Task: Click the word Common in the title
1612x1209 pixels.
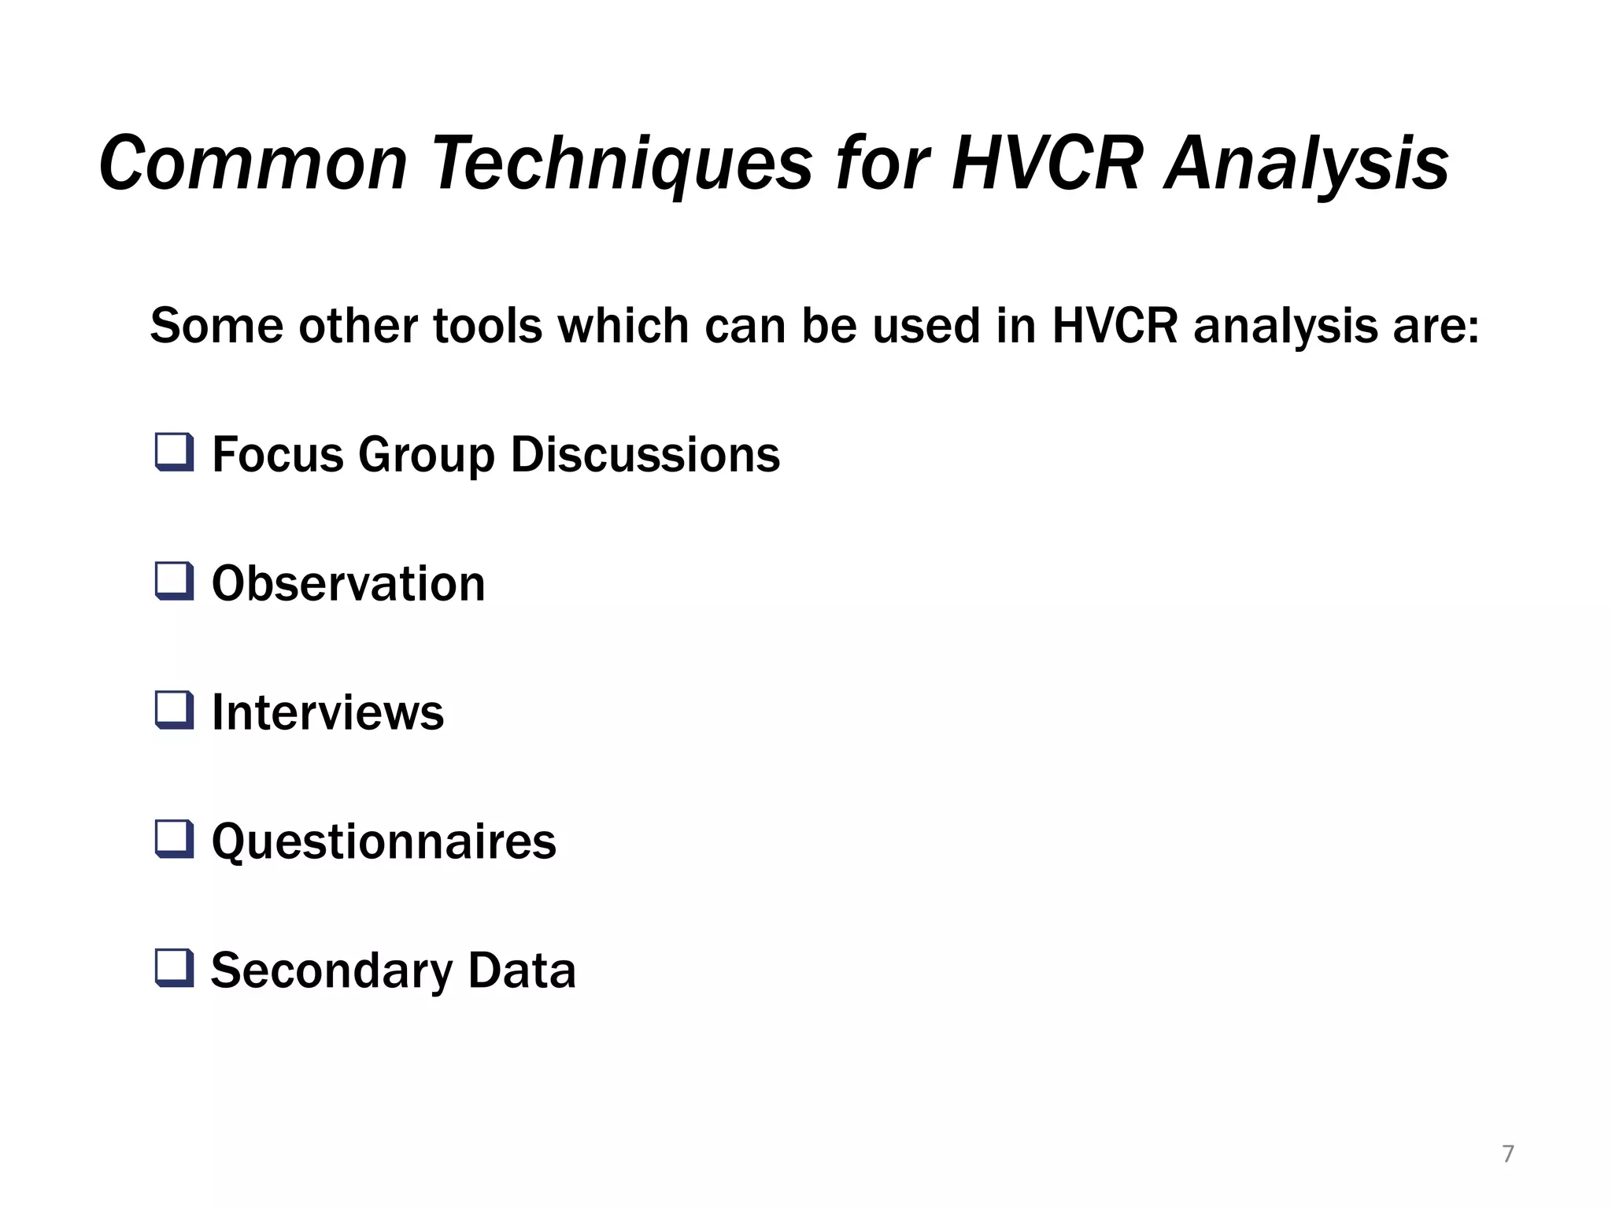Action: coord(253,164)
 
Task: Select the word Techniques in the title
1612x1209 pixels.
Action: coord(622,164)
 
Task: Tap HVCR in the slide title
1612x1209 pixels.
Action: coord(1046,164)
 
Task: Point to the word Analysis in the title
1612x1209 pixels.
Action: coord(1307,164)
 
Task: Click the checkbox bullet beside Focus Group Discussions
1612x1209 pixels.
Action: coord(174,453)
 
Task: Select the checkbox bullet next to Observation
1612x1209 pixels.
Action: coord(174,582)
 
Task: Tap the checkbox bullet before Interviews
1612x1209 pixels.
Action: coord(174,710)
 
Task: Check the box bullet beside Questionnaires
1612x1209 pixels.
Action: coord(174,839)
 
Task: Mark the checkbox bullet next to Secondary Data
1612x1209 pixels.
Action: coord(174,968)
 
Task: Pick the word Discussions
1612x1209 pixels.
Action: coord(645,455)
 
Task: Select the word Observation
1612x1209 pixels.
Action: coord(348,584)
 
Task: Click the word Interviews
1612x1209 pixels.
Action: coord(327,712)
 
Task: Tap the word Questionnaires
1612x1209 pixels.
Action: coord(383,841)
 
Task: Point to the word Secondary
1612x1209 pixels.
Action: coord(331,971)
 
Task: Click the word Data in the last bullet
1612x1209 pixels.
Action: coord(522,971)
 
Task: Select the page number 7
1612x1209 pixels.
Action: coord(1507,1154)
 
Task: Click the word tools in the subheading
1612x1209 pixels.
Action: coord(488,326)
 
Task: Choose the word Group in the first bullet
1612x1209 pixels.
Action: coord(426,455)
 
